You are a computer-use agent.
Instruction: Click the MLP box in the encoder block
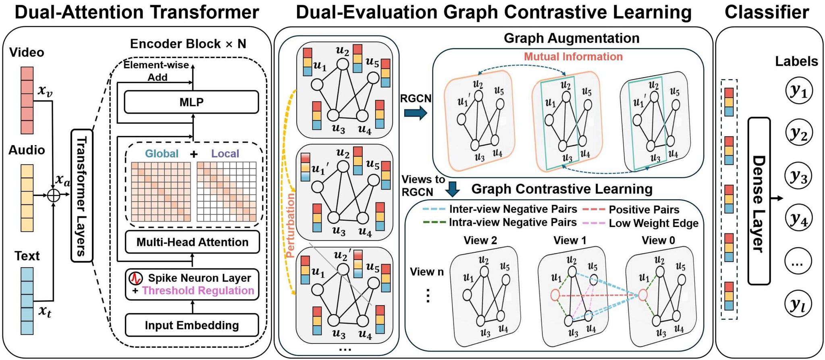click(x=191, y=102)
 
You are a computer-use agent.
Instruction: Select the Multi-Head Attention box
click(x=192, y=242)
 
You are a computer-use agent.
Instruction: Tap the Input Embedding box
click(x=192, y=325)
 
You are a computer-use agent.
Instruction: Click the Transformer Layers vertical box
click(x=82, y=196)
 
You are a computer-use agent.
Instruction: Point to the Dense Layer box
click(x=759, y=201)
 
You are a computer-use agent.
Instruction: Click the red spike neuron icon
click(x=135, y=278)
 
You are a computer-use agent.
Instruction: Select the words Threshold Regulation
click(x=198, y=291)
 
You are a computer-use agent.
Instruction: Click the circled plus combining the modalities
click(x=54, y=196)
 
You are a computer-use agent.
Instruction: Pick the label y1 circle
click(x=798, y=92)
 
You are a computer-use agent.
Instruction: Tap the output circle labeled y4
click(x=798, y=219)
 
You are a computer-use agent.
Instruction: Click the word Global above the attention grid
click(x=162, y=154)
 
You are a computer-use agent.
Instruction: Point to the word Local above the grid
click(x=225, y=154)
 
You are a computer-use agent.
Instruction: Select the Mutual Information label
click(x=573, y=56)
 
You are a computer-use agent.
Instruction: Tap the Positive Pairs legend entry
click(x=644, y=210)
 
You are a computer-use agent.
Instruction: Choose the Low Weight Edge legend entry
click(x=653, y=223)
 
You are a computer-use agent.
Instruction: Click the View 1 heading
click(x=569, y=241)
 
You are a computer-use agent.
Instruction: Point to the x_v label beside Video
click(x=45, y=91)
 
